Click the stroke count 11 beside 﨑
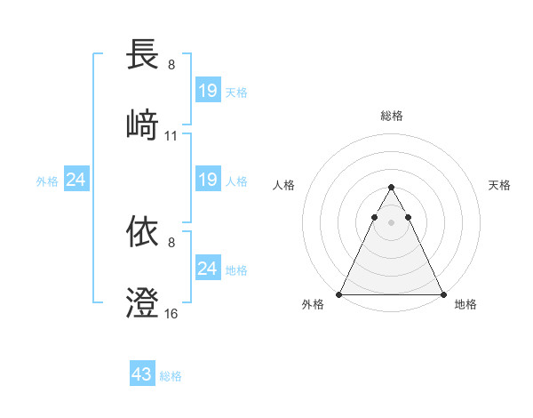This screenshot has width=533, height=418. click(x=171, y=136)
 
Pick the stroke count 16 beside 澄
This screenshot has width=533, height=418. click(x=171, y=314)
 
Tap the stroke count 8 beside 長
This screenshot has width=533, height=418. click(x=171, y=64)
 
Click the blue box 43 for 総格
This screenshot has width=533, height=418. click(x=142, y=374)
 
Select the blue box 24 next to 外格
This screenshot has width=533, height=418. click(x=76, y=180)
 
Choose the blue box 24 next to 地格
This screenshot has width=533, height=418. click(x=207, y=269)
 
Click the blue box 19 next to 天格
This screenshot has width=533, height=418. click(x=207, y=90)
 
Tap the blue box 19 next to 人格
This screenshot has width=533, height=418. click(x=207, y=180)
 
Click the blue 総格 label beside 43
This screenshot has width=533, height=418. click(x=171, y=376)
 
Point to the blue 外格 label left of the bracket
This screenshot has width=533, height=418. click(x=47, y=181)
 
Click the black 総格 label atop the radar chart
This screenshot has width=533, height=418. click(x=391, y=116)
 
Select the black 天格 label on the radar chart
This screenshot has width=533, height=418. click(x=500, y=185)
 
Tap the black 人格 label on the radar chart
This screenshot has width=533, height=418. click(x=284, y=185)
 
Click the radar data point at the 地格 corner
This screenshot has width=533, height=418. click(x=442, y=294)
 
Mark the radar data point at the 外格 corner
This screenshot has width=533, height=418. click(x=339, y=294)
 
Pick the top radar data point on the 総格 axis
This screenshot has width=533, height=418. click(x=391, y=188)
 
